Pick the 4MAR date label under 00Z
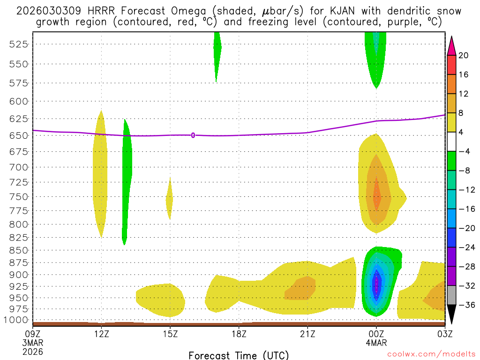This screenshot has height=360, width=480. pos(376,343)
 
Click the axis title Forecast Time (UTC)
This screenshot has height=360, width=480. pos(239,355)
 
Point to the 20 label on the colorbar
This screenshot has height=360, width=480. pos(464,55)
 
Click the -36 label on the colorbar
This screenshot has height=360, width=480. pos(465,305)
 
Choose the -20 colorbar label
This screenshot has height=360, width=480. pos(465,228)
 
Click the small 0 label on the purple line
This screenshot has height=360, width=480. pos(193,135)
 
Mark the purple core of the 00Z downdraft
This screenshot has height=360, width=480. pos(376,283)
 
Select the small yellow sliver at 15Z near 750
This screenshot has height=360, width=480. pos(169,200)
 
